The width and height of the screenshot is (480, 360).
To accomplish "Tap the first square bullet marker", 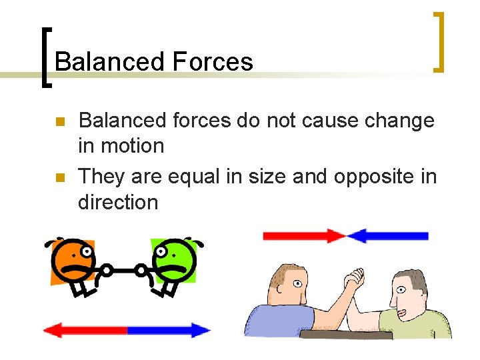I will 59,123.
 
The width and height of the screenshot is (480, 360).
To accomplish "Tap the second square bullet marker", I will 59,178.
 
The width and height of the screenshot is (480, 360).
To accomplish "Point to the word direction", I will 118,201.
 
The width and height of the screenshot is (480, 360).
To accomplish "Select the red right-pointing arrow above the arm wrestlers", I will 304,235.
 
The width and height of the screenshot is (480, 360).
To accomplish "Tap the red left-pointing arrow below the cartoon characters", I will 85,330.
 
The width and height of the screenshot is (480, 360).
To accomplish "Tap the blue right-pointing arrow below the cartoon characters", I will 169,330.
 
